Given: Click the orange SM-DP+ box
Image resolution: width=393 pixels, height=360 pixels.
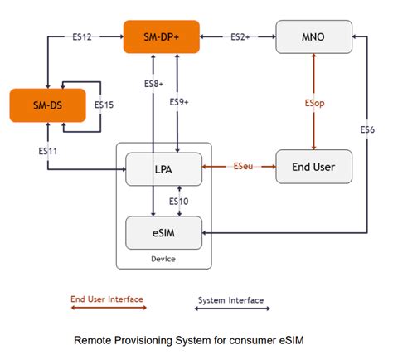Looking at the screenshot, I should click(161, 36).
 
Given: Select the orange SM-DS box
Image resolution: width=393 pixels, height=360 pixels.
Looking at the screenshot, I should click(47, 105).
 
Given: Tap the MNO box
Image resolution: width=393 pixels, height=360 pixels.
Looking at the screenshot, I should click(313, 37).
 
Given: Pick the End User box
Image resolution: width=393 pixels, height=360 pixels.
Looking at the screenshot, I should click(313, 167).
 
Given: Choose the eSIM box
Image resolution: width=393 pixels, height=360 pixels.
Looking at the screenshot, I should click(163, 232).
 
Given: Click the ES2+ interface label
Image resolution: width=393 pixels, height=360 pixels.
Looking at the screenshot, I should click(240, 36).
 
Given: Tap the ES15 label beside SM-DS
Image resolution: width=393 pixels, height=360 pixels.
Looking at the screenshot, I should click(104, 105).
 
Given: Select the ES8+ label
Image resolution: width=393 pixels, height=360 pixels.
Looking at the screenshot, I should click(153, 84).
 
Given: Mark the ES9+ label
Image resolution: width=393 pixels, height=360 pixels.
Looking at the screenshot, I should click(179, 102).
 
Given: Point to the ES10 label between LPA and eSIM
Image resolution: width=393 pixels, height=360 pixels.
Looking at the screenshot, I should click(178, 202).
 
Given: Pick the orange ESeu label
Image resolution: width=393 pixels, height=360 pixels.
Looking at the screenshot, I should click(243, 167).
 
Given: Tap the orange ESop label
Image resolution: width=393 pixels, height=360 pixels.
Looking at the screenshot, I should click(313, 103).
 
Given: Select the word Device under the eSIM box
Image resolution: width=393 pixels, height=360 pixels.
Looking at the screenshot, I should click(163, 258).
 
